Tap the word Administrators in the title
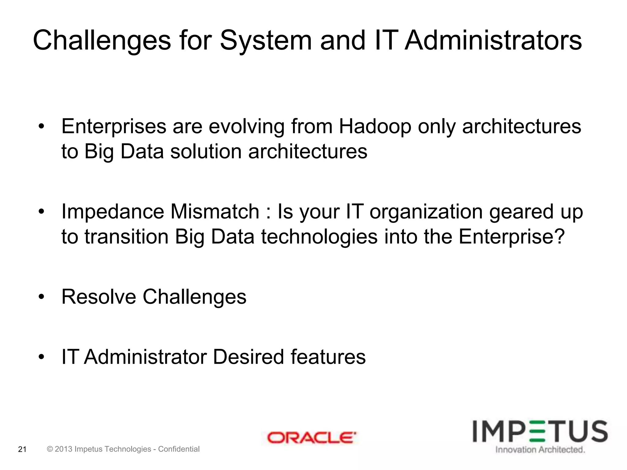coord(493,41)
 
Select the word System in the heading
coord(265,41)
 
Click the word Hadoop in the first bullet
coord(375,126)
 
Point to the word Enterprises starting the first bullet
coord(114,126)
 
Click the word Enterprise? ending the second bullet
coord(511,237)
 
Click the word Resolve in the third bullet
coord(99,297)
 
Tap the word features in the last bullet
coord(328,357)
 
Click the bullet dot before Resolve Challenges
coord(42,297)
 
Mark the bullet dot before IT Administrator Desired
coord(42,357)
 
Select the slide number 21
coord(22,449)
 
